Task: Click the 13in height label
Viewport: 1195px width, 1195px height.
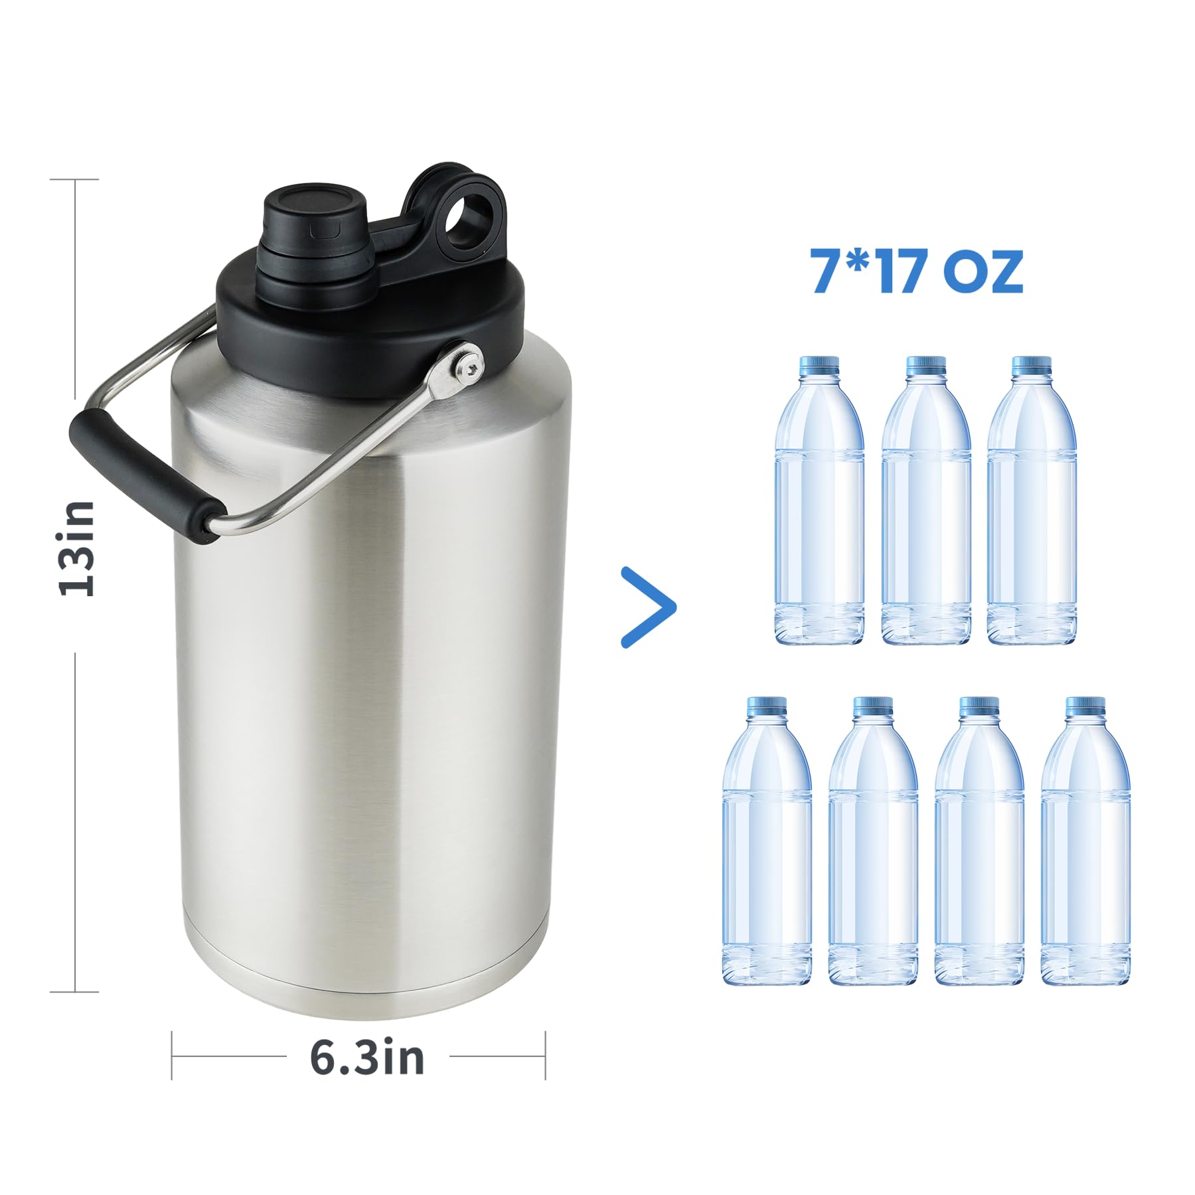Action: coord(78,548)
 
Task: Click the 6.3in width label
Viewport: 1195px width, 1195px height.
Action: coord(366,1058)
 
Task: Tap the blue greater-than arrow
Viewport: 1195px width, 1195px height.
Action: coord(649,607)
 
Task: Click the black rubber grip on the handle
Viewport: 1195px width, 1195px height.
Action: coord(143,475)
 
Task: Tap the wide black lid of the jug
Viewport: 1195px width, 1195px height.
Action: coord(372,332)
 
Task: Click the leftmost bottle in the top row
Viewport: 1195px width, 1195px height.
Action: coord(819,505)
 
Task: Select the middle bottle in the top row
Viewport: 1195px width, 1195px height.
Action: coord(925,505)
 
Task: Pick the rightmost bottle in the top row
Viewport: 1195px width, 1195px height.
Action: coord(1031,505)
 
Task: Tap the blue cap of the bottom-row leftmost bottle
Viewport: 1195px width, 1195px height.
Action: coord(766,705)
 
